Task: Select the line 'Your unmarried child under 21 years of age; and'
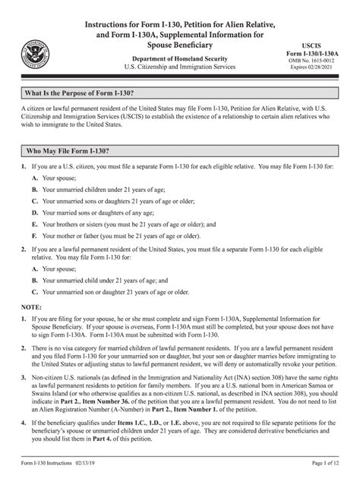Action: point(105,279)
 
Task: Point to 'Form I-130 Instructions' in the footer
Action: point(52,464)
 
